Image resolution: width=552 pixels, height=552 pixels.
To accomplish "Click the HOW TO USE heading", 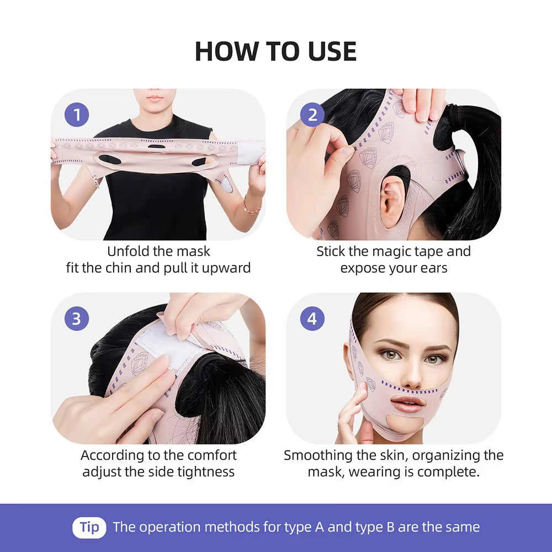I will (x=275, y=51).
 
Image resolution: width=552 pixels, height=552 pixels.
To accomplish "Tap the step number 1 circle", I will (x=77, y=115).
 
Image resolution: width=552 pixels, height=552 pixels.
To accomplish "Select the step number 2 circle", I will (x=312, y=115).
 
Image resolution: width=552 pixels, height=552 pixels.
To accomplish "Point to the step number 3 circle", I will (x=77, y=319).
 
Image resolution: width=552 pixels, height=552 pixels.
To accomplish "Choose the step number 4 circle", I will (x=312, y=319).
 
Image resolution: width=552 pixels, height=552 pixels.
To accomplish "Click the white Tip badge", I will (x=89, y=527).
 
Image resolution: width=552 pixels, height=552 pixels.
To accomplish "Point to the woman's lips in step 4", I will (x=407, y=404).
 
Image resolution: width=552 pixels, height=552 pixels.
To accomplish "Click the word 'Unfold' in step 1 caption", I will (x=129, y=252).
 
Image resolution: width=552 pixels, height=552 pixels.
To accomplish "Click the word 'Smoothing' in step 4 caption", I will (x=317, y=455).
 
